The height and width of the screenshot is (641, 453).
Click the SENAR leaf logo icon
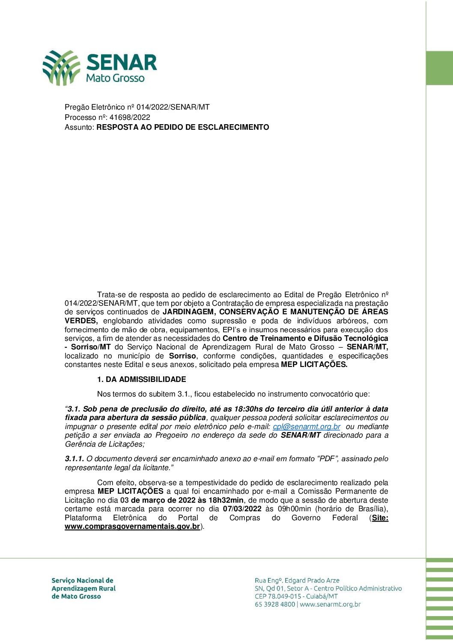61,67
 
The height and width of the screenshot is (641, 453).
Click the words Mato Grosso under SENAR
115,78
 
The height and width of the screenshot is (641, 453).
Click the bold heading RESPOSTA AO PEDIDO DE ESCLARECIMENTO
183,127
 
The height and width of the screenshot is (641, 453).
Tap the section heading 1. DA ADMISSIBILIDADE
141,379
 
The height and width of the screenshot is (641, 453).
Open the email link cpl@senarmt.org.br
307,426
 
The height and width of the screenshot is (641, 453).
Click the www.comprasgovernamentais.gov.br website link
132,526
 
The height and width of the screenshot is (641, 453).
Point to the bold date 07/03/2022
242,509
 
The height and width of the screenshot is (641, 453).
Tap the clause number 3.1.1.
75,459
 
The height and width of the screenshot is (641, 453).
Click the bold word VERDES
81,321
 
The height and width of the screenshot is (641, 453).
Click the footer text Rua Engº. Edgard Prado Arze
297,580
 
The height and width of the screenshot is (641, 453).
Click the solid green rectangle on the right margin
439,68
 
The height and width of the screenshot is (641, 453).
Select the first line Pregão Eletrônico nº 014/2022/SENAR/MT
137,107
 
